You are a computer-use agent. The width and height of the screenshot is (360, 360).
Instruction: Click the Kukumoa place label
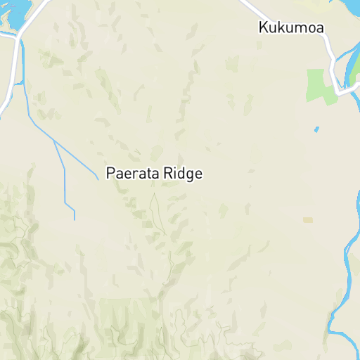290,28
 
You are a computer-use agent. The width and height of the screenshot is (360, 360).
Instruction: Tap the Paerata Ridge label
154,173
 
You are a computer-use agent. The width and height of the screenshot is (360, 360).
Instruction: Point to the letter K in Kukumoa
263,28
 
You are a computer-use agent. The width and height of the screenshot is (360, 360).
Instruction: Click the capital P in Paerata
110,173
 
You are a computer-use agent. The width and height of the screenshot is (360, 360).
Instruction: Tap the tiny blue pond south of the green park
316,129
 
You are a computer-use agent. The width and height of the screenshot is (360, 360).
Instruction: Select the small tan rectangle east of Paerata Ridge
307,220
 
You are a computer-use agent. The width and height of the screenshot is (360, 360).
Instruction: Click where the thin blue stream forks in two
55,141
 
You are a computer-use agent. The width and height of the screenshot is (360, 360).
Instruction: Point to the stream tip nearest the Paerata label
98,179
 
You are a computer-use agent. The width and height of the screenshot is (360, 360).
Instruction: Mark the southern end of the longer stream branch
75,219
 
